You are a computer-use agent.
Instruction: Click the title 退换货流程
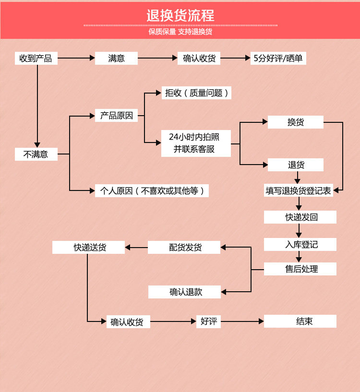point(180,15)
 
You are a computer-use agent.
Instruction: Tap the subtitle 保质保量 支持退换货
point(180,32)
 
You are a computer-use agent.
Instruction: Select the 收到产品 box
point(36,59)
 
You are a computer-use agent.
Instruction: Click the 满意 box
point(116,59)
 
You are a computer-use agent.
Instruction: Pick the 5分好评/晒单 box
point(278,59)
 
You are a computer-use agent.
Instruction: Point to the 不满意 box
point(36,154)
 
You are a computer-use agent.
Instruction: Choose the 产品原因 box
point(116,115)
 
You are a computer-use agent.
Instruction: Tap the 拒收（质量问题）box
point(196,93)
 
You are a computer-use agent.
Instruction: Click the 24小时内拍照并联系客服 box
point(196,143)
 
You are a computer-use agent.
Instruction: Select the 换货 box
point(296,122)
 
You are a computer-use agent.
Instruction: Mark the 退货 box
point(296,165)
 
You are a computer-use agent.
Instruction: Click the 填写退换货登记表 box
point(299,190)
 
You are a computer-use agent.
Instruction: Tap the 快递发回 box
point(300,217)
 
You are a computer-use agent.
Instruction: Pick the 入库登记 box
point(300,244)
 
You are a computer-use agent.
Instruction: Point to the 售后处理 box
point(300,269)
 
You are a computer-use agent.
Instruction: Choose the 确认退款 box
point(184,292)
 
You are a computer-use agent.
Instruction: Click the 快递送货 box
point(89,248)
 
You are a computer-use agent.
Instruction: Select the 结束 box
point(300,321)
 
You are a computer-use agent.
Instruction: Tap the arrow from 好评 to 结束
point(242,321)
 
